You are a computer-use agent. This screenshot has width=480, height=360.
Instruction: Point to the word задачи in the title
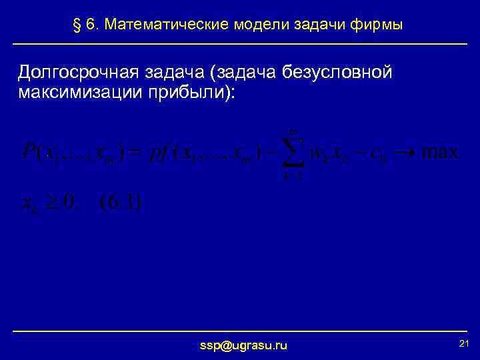pos(316,25)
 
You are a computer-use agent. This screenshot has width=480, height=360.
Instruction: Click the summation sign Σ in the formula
pos(291,151)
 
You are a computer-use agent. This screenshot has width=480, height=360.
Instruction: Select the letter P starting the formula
pos(29,151)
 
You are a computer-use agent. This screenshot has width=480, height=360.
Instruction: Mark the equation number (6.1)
pos(119,202)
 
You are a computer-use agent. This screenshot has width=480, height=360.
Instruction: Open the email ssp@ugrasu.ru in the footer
pos(244,345)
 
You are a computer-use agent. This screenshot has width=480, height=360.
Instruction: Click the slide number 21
pos(465,343)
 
